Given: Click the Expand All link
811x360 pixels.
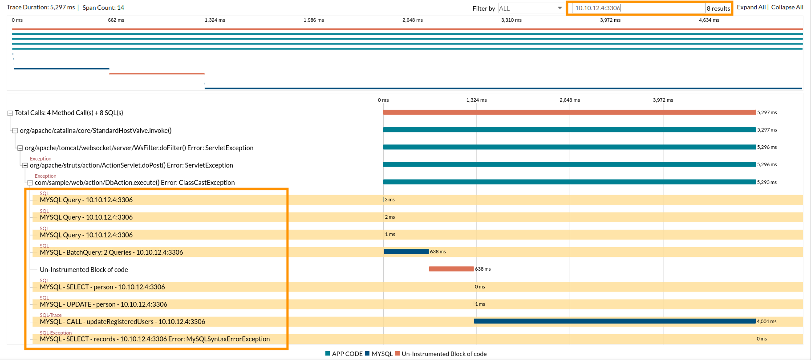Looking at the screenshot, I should pyautogui.click(x=751, y=7).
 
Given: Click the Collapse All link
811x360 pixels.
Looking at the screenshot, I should pyautogui.click(x=787, y=7).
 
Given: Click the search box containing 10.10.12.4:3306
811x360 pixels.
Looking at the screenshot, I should pyautogui.click(x=638, y=8).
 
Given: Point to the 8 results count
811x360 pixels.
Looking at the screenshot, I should pyautogui.click(x=718, y=8).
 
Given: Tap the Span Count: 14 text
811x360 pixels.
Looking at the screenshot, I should pyautogui.click(x=103, y=8).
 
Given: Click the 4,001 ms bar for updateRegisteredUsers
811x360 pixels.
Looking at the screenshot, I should pyautogui.click(x=615, y=321).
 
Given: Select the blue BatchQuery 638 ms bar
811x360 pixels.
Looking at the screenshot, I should pyautogui.click(x=406, y=252).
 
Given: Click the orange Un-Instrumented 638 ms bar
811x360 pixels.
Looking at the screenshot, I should pyautogui.click(x=451, y=269).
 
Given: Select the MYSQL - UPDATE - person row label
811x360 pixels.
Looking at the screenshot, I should pyautogui.click(x=103, y=304).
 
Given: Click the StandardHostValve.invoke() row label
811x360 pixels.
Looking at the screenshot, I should pyautogui.click(x=95, y=131).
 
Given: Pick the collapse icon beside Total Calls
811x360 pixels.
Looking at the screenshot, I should pyautogui.click(x=10, y=113).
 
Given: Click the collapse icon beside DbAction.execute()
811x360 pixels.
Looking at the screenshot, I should pyautogui.click(x=30, y=183).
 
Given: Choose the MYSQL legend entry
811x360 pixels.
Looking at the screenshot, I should pyautogui.click(x=379, y=354).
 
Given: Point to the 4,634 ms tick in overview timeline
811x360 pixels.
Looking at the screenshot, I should pyautogui.click(x=709, y=20).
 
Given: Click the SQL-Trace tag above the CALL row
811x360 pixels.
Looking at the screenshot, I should pyautogui.click(x=50, y=315).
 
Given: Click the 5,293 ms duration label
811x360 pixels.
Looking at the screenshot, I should pyautogui.click(x=766, y=182).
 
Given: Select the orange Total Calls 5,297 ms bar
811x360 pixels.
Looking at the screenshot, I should pyautogui.click(x=569, y=112).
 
